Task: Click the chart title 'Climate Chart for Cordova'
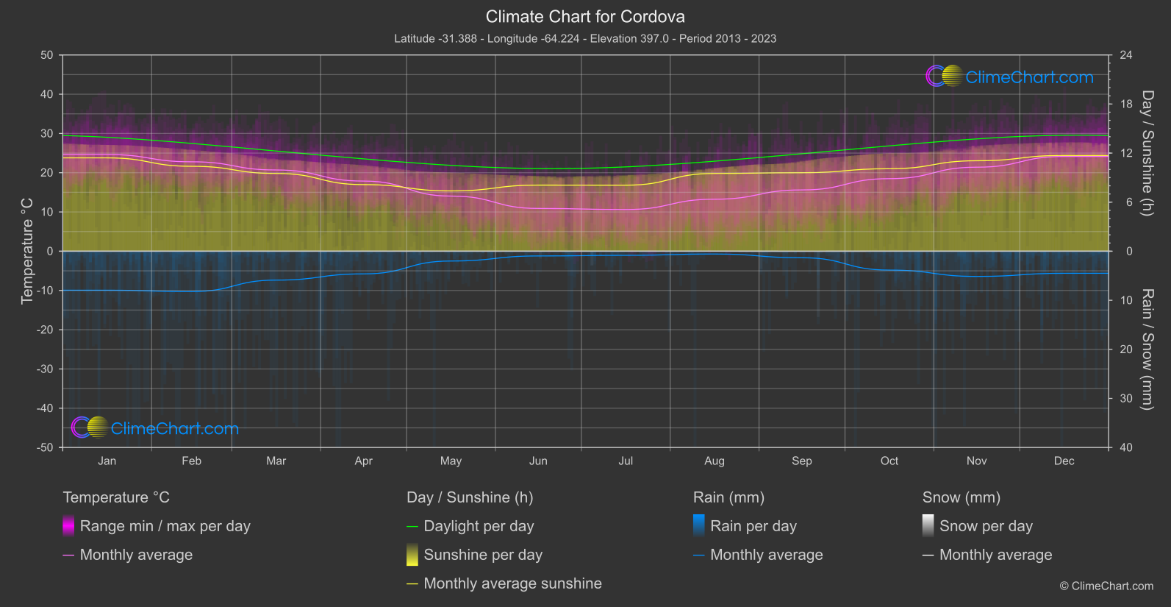click(x=585, y=16)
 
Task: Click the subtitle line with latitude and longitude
click(x=585, y=38)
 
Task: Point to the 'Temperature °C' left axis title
click(x=27, y=251)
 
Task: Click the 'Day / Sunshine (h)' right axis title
click(x=1147, y=153)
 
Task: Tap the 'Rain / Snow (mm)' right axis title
click(x=1147, y=349)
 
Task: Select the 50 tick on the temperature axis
click(x=47, y=55)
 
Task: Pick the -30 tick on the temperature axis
click(x=46, y=369)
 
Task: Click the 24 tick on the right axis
click(x=1125, y=55)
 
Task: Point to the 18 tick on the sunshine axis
click(x=1125, y=104)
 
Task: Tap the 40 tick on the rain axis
click(x=1125, y=447)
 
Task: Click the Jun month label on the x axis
click(x=538, y=461)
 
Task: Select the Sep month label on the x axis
click(x=802, y=461)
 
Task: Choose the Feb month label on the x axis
click(x=191, y=461)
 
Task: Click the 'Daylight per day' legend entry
click(x=479, y=526)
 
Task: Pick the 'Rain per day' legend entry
click(x=753, y=526)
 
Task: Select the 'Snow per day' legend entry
click(x=986, y=526)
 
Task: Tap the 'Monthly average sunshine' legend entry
click(x=512, y=583)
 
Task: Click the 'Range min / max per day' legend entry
click(x=165, y=526)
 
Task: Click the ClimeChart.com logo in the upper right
click(x=1010, y=77)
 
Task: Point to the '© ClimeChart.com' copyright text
click(x=1106, y=586)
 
